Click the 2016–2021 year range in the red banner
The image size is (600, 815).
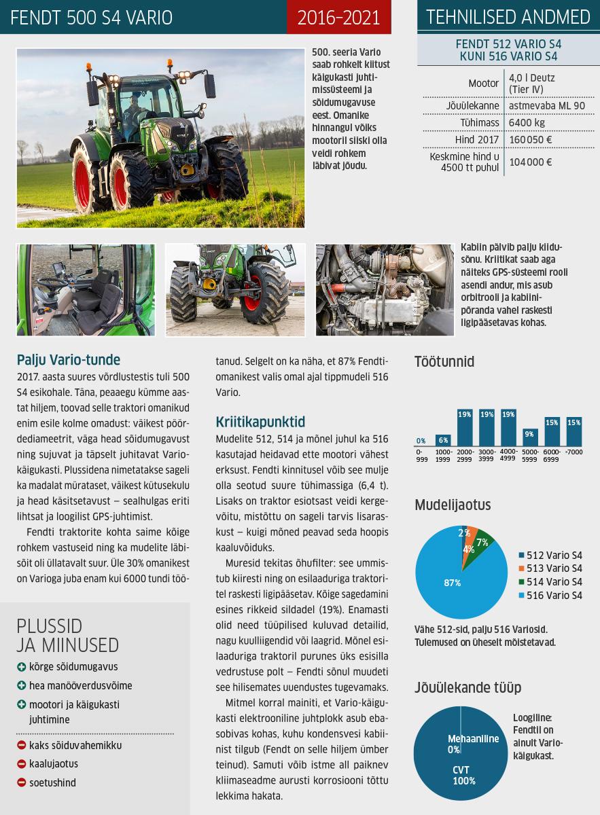pyautogui.click(x=338, y=17)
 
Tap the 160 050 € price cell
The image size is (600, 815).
pyautogui.click(x=530, y=140)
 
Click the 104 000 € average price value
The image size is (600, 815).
pyautogui.click(x=530, y=162)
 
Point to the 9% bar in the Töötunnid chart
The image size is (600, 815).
pyautogui.click(x=529, y=437)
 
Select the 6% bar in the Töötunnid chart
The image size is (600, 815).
pyautogui.click(x=443, y=439)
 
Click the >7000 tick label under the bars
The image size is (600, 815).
pyautogui.click(x=574, y=452)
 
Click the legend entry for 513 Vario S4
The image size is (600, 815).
pyautogui.click(x=551, y=568)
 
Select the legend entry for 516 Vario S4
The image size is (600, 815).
pyautogui.click(x=551, y=596)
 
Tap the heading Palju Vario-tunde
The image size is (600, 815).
pyautogui.click(x=69, y=359)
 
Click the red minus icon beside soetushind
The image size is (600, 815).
pyautogui.click(x=22, y=783)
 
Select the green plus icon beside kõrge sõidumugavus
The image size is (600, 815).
pyautogui.click(x=22, y=667)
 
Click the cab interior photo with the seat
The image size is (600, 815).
pyautogui.click(x=86, y=290)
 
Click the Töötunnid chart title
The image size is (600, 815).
pyautogui.click(x=444, y=361)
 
